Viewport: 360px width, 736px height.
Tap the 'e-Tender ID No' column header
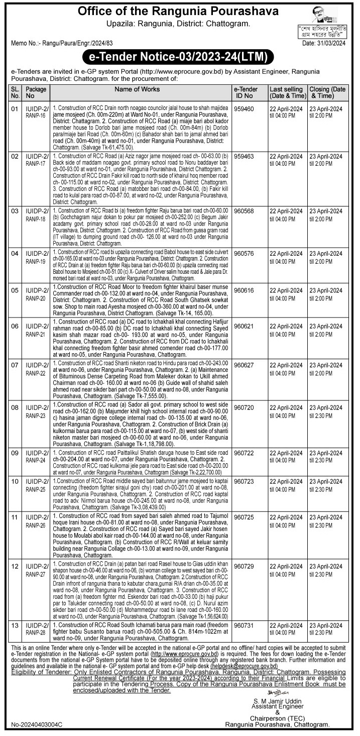pyautogui.click(x=246, y=92)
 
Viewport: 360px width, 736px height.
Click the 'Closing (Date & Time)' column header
pyautogui.click(x=327, y=92)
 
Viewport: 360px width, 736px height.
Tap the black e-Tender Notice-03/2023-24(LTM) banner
pyautogui.click(x=180, y=56)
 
